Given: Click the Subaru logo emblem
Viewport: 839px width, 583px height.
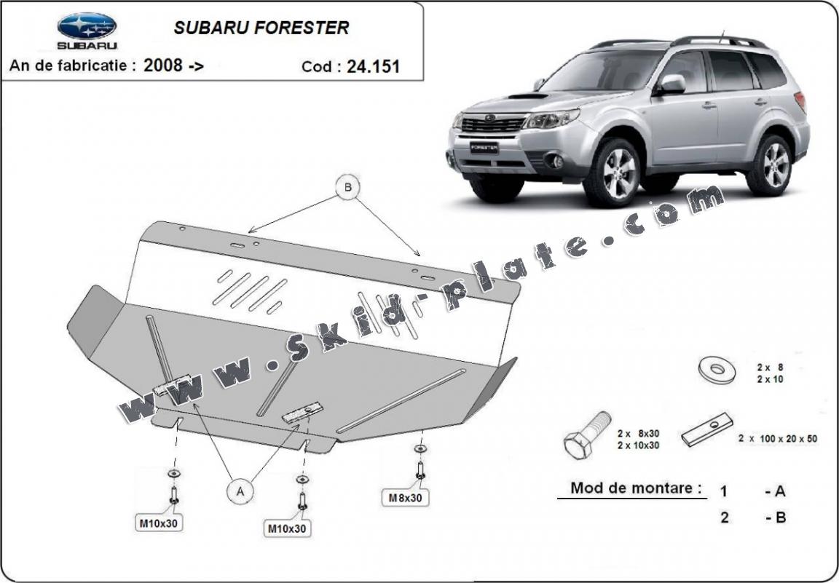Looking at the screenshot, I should [87, 26].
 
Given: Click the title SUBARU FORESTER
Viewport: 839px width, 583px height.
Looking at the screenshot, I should [261, 28].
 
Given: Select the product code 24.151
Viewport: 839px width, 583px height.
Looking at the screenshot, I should [373, 67].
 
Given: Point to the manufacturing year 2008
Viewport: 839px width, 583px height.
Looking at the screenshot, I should [163, 66].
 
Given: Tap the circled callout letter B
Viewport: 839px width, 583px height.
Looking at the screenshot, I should [348, 188].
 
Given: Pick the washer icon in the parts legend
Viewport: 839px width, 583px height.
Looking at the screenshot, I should [717, 369].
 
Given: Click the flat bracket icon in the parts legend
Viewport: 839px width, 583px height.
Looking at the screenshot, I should [706, 430].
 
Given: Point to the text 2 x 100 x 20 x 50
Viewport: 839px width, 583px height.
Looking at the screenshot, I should [777, 438].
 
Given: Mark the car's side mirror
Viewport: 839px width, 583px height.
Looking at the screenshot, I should [671, 84].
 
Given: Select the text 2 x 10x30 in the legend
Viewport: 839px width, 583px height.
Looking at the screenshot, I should [637, 445].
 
